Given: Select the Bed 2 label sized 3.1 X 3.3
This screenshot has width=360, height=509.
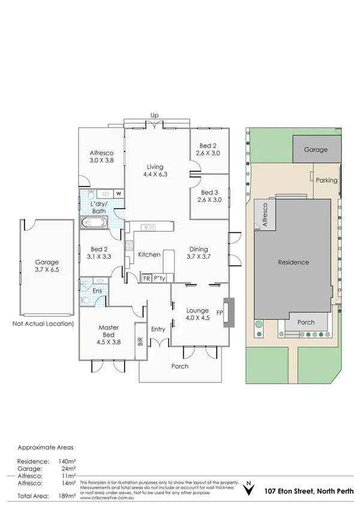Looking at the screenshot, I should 99,252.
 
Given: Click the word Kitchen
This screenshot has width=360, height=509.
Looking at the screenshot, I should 149,255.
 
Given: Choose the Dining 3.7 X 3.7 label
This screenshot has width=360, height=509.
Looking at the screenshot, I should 198,252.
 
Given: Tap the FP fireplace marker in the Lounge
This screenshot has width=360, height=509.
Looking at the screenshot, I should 220,313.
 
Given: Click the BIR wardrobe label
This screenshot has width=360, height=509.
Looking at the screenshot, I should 140,341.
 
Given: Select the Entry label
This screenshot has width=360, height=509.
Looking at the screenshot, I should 158,329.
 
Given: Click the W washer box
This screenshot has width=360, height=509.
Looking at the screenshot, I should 119,193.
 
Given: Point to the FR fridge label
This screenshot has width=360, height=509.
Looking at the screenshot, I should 146,279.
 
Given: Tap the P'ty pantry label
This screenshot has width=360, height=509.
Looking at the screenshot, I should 159,279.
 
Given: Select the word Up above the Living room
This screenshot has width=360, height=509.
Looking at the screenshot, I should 154,115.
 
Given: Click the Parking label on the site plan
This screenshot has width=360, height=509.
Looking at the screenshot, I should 326,180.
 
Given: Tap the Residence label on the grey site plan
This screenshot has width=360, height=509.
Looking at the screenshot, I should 293,262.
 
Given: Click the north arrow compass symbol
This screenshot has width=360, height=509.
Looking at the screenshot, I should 247,490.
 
